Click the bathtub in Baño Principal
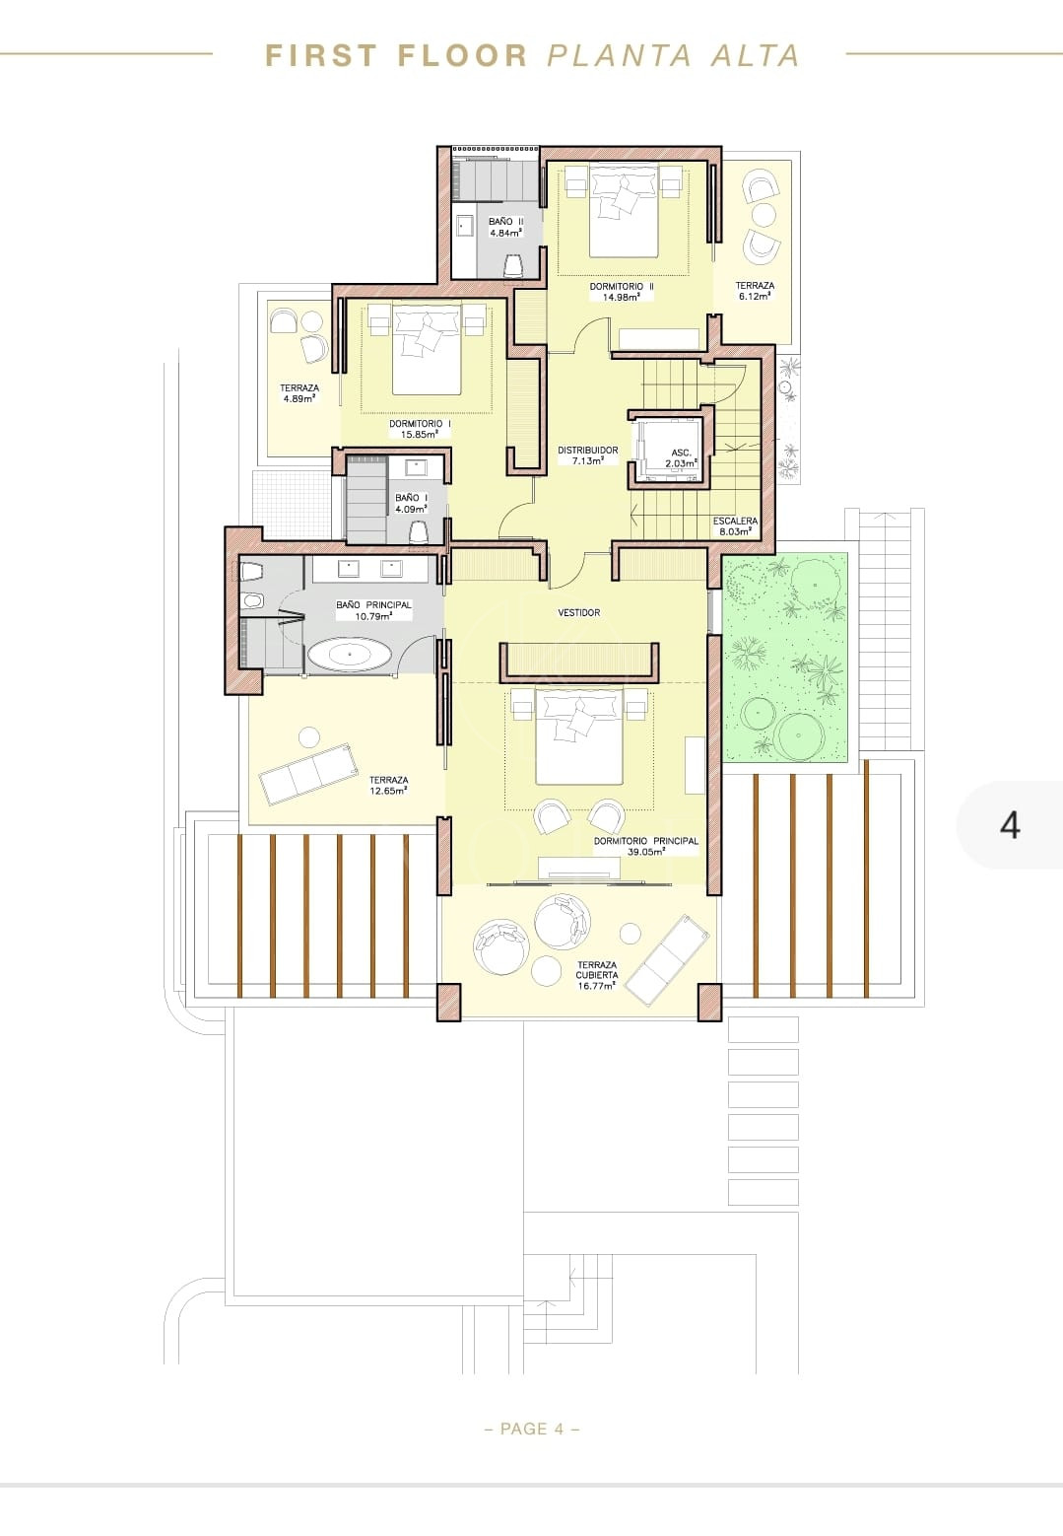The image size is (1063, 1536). [x=350, y=655]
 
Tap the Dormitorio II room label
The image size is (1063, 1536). [x=622, y=292]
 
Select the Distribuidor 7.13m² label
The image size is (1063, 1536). [x=587, y=455]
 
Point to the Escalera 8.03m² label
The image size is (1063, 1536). [x=735, y=525]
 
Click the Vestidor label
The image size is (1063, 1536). [x=579, y=612]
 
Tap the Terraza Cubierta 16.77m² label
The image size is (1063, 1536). [x=596, y=974]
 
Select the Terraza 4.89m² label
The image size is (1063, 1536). [x=299, y=393]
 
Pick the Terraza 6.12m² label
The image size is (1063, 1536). [x=755, y=291]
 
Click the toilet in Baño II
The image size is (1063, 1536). [x=513, y=265]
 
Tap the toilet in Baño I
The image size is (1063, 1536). [x=419, y=531]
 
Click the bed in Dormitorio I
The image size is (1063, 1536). [x=427, y=350]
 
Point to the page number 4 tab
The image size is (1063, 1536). [x=1010, y=825]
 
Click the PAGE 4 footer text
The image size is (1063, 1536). [x=532, y=1429]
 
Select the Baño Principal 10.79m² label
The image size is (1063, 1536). [x=373, y=610]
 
